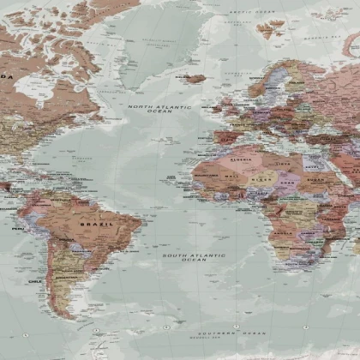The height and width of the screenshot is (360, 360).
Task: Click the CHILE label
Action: tap(34, 280)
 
